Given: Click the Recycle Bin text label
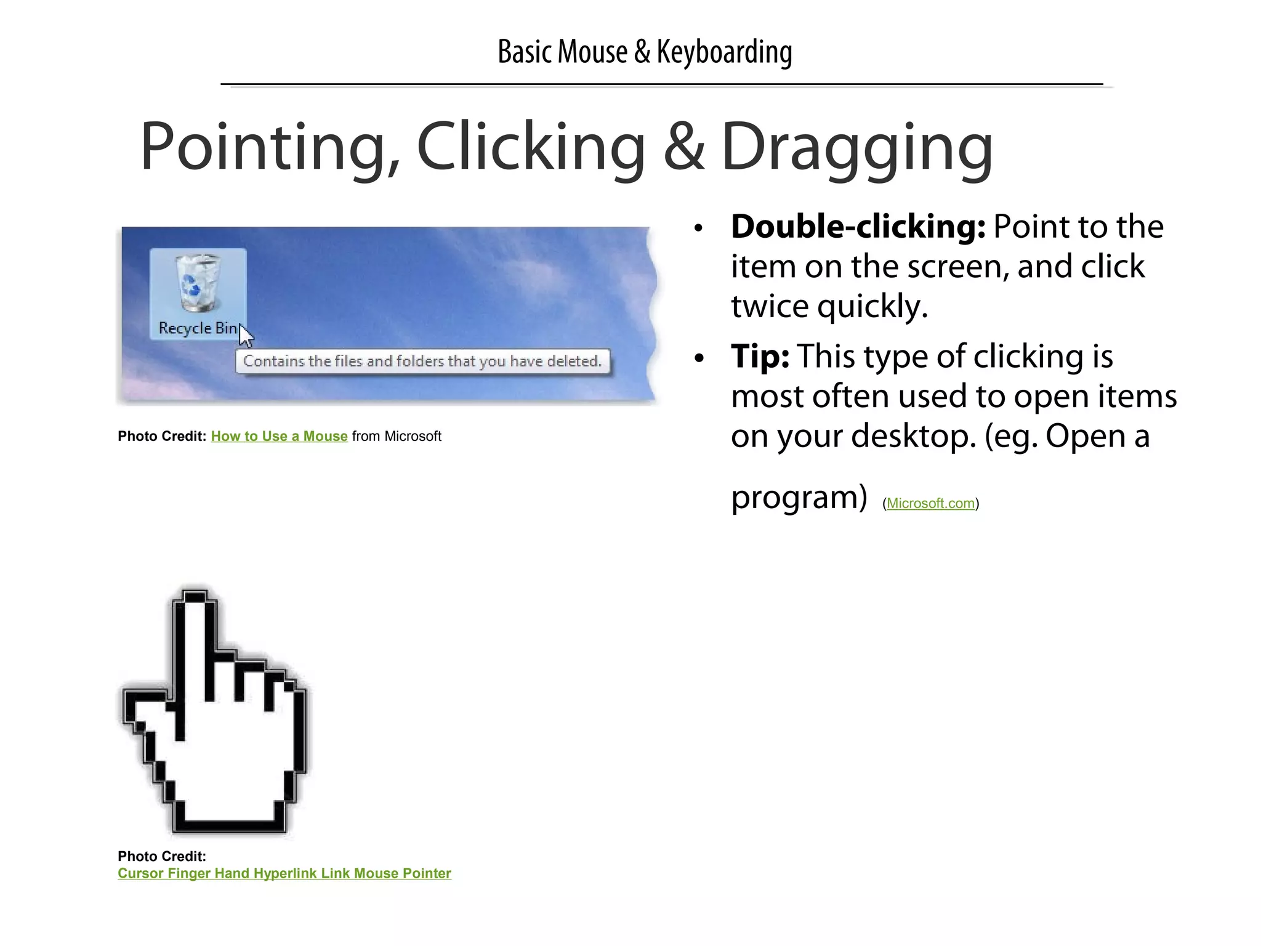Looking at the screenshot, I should pos(197,328).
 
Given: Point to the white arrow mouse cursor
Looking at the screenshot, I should pos(246,337).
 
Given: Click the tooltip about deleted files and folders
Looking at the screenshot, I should pos(422,362).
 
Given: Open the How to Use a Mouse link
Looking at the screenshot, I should pos(279,437).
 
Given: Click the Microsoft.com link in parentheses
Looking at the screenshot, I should pos(930,504).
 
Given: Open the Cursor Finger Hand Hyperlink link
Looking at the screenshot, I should pos(284,873).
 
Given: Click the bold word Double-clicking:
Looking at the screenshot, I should pos(858,227).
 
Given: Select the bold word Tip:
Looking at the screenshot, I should pos(760,357).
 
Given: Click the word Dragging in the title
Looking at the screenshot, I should pos(856,148).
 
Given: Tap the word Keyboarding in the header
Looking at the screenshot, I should pos(724,52).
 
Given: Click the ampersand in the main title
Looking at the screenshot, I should pos(683,148).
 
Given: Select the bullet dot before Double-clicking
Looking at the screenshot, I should pos(698,228).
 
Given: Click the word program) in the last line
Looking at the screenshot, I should pos(799,498).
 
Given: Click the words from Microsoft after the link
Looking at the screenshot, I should pos(397,437).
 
